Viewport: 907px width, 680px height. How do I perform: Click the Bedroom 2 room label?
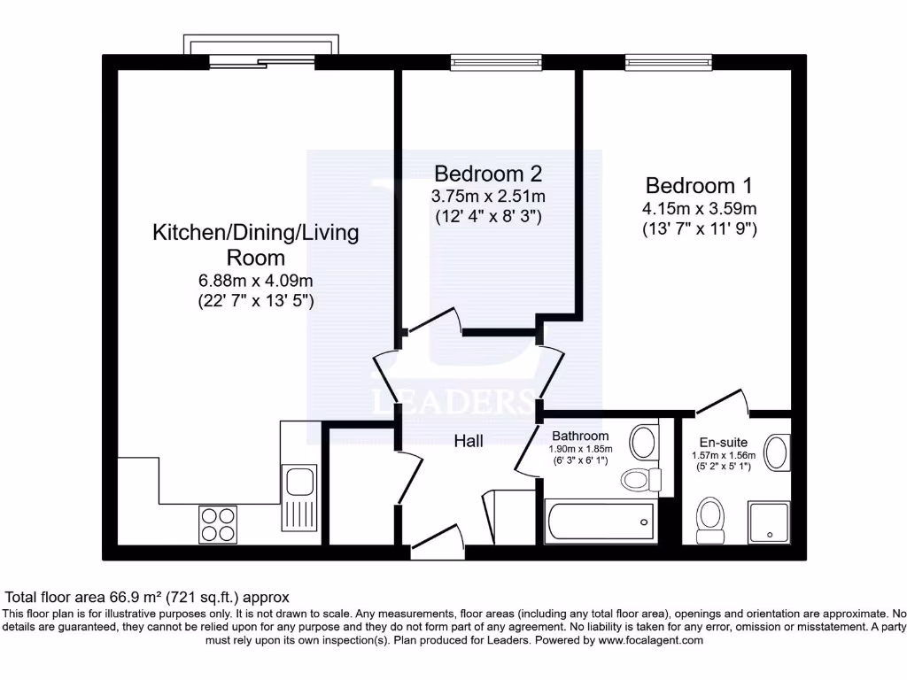[x=487, y=173]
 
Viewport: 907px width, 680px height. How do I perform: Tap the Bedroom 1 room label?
[x=699, y=186]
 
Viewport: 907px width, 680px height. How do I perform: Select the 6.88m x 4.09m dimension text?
[x=256, y=281]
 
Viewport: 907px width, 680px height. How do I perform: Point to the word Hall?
[x=469, y=440]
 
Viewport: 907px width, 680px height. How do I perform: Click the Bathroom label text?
[x=580, y=436]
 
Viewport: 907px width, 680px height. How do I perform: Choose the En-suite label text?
[x=723, y=442]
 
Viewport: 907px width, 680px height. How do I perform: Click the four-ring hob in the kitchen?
[x=218, y=523]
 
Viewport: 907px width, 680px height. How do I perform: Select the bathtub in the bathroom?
[x=599, y=522]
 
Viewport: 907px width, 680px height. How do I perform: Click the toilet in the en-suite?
[x=711, y=518]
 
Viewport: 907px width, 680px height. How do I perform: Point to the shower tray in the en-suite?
[x=769, y=522]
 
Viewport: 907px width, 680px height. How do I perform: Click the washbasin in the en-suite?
[x=777, y=452]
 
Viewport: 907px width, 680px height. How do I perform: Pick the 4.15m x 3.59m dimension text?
[x=699, y=209]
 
